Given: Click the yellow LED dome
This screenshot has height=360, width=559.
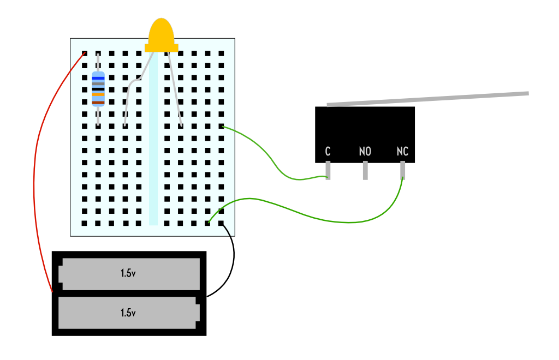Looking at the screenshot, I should coord(161,33).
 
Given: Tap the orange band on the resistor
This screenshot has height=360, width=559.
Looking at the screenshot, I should coord(98,95).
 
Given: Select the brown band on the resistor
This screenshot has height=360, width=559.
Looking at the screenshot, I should coord(98,102).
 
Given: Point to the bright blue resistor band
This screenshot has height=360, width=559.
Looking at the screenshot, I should coord(98,78).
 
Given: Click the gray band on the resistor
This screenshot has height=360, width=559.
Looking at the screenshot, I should coord(98,83).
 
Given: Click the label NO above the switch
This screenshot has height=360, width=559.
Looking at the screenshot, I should coord(365,152).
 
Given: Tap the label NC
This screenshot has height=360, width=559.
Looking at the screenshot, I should coord(402,152).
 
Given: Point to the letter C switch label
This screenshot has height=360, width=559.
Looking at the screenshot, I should coord(328,152).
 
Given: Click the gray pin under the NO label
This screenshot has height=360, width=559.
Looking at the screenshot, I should coord(365,171).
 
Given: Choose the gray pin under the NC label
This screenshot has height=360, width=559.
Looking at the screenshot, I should coord(403,170).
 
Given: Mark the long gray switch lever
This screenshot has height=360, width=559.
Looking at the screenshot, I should coord(428,99).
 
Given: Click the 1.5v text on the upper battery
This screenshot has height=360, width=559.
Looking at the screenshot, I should coord(128,273).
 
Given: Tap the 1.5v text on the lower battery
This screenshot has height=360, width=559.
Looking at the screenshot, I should coord(128,313).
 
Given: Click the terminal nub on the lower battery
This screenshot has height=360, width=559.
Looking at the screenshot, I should coord(198,313).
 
